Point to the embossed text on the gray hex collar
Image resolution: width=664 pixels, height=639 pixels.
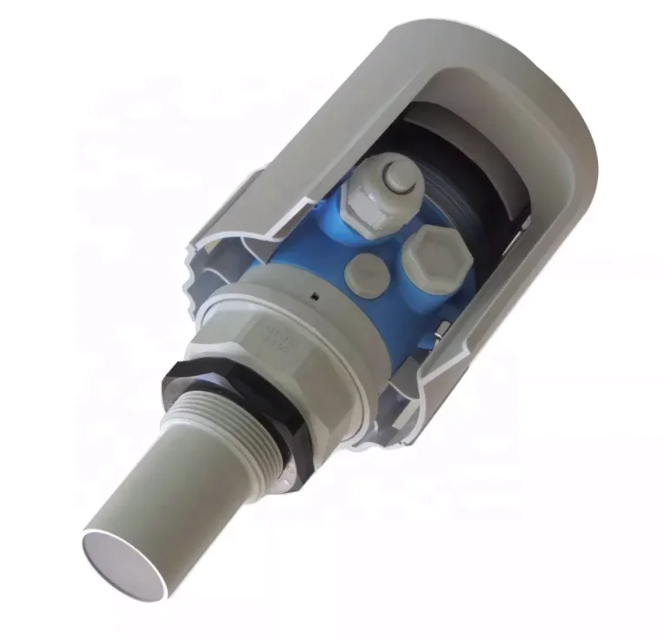point(280,334)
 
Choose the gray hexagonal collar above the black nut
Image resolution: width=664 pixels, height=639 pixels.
point(295,347)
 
